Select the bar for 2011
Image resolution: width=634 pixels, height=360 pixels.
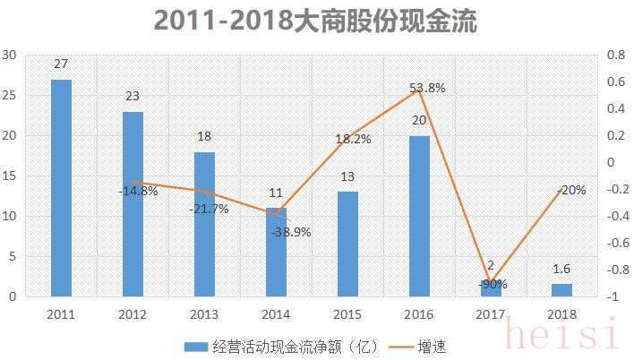pos(61,188)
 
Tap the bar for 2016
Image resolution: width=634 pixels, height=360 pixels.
pos(419,216)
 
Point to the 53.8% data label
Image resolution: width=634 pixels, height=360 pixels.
pos(427,88)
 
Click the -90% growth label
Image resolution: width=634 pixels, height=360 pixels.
pos(492,284)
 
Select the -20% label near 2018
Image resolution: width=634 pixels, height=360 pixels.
pos(570,190)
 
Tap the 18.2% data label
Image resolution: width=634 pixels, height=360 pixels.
pos(353,140)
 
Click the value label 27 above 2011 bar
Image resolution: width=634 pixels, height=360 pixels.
pos(61,64)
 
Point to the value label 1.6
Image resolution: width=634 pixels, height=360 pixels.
pos(561,269)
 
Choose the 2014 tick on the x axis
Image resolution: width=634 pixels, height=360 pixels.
pos(276,313)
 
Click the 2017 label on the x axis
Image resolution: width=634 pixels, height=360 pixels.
pos(490,313)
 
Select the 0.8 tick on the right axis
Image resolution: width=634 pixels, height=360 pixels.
pos(615,55)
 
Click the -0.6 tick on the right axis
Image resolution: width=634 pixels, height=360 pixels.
pos(613,243)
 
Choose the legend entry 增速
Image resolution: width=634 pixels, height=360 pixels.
pos(426,346)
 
